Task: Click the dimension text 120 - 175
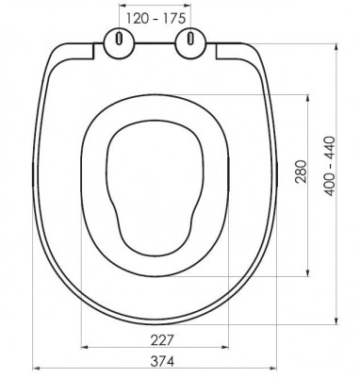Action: coord(155,19)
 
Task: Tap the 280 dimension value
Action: coord(301,172)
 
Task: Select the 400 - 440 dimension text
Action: coord(330,166)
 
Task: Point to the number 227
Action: coord(162,339)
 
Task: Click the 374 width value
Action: coord(162,361)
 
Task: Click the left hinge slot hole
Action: coord(120,39)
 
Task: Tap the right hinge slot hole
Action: coord(190,39)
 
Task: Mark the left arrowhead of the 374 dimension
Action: coord(37,368)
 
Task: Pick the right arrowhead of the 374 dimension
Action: coord(273,368)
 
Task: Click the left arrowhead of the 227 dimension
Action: coord(85,347)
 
